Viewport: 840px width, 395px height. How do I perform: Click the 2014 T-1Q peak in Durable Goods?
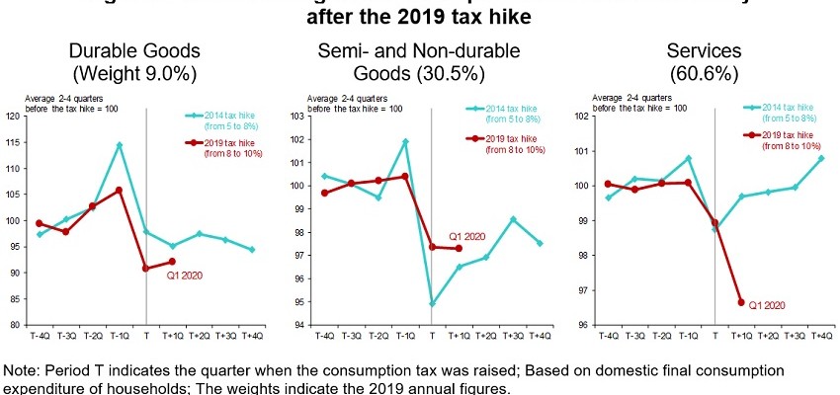(119, 145)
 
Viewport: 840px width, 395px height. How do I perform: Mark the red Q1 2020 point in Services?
(742, 302)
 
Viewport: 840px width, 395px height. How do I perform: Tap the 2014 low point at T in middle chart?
(431, 303)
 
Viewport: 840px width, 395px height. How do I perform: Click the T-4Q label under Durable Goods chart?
(39, 338)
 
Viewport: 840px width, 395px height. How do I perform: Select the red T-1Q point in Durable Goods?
(119, 190)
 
